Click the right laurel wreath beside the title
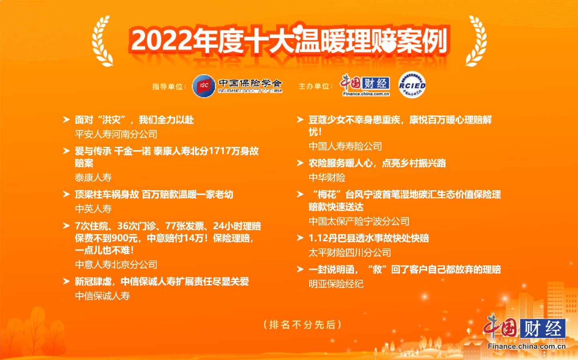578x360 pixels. (477, 41)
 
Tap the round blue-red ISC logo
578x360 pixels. (204, 86)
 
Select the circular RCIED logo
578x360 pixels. (412, 85)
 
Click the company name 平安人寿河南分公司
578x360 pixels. (116, 134)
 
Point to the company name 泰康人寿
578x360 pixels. (93, 178)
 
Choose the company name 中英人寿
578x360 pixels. (93, 209)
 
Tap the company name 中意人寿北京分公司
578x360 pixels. (116, 265)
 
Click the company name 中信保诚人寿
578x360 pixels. (102, 296)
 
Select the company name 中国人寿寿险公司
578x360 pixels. (345, 146)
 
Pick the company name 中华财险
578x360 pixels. (327, 178)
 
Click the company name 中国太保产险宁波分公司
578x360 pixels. (359, 222)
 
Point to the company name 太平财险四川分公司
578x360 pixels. (349, 253)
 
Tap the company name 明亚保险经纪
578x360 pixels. (336, 284)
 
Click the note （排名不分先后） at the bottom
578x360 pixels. (302, 325)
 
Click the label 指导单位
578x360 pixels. (168, 87)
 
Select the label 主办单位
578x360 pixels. (314, 86)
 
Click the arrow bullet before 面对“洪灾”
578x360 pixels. (66, 120)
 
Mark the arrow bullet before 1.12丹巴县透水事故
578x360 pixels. (300, 238)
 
